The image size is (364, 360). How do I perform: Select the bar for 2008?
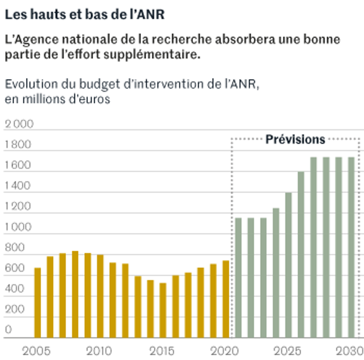point(75,294)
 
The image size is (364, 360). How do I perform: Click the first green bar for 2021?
point(238,277)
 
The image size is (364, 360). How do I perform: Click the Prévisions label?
point(295,139)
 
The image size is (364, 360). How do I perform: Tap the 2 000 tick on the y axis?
point(19,124)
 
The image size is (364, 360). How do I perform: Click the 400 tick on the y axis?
point(14,290)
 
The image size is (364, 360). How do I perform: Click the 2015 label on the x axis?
point(161,350)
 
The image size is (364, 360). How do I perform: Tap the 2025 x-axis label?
point(287,350)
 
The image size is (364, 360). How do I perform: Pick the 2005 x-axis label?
point(36,350)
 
